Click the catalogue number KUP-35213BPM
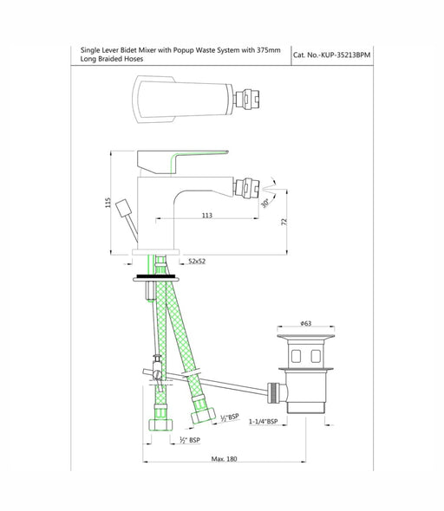pos(346,55)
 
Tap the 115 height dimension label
pos(108,203)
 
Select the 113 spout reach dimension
pos(207,215)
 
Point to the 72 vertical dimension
pos(284,222)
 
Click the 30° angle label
pos(264,203)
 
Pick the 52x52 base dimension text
pos(197,261)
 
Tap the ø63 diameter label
pos(305,323)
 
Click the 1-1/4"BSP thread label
pos(264,422)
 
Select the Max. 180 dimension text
pos(224,458)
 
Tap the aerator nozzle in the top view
pos(248,99)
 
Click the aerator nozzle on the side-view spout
pos(247,188)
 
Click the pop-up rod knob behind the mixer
pos(124,208)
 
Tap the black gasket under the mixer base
pos(156,276)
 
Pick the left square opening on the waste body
pos(296,357)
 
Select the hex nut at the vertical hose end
pos(160,424)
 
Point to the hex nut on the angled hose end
pos(203,416)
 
